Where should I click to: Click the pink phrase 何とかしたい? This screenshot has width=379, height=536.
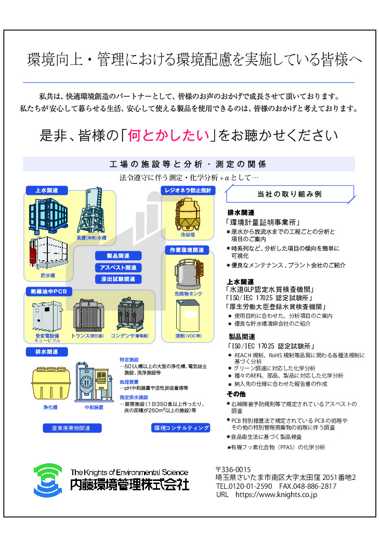click(168, 136)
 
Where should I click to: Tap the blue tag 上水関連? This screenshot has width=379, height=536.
click(47, 191)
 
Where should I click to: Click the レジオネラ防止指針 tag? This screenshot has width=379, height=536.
click(188, 191)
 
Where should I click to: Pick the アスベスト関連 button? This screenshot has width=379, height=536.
click(119, 267)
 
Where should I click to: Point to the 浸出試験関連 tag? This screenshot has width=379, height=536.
click(119, 279)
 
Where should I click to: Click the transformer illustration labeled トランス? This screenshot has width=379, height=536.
click(87, 315)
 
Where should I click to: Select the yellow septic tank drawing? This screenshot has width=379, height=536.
click(50, 383)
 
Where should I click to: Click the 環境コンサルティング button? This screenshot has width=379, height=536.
click(180, 428)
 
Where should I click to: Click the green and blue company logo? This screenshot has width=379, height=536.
click(48, 480)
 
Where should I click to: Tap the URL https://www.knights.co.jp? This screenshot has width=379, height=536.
click(276, 494)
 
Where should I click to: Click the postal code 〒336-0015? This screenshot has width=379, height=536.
click(233, 470)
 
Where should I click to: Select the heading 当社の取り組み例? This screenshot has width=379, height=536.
click(290, 194)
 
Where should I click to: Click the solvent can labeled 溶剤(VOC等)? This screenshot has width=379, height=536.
click(188, 315)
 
